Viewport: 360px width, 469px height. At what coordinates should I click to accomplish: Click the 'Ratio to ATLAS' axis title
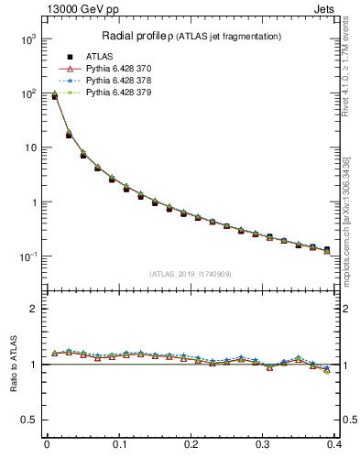point(13,365)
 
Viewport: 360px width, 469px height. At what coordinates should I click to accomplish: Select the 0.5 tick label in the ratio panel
point(27,420)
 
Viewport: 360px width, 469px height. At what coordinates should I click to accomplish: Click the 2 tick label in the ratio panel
point(32,309)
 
